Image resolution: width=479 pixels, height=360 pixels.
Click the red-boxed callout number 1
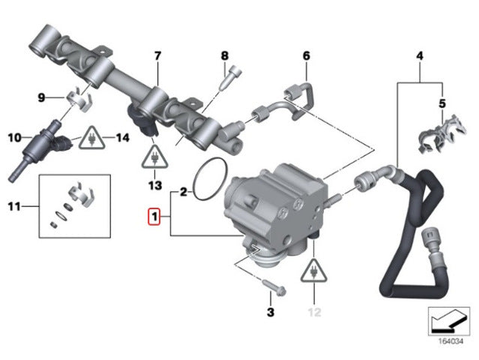pos(154,217)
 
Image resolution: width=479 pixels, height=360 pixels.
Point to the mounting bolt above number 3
pos(274,287)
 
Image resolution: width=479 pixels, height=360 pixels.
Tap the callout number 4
pos(420,56)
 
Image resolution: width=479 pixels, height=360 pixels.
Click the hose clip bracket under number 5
pos(442,134)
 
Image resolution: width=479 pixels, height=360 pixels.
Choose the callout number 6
pos(307,56)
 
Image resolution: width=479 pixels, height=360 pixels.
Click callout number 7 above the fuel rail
pos(157,56)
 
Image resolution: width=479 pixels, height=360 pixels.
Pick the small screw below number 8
pos(230,77)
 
